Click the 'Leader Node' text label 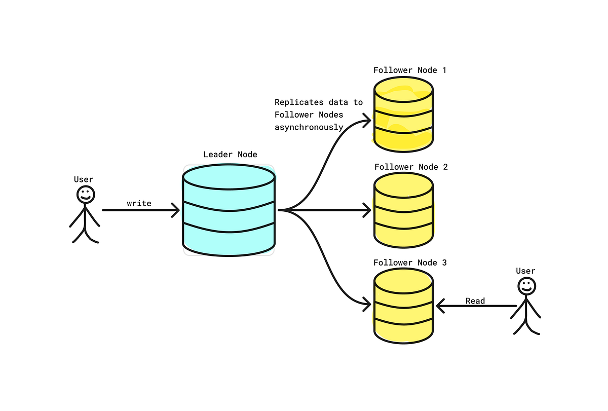click(230, 155)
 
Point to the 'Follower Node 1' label click(410, 70)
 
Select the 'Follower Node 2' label click(411, 167)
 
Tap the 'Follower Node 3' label click(410, 263)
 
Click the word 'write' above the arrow click(139, 203)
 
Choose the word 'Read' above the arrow click(475, 301)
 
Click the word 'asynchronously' click(309, 127)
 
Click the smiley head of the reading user click(526, 286)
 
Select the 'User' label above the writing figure click(84, 179)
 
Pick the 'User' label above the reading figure click(525, 271)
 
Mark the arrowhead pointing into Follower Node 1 click(367, 121)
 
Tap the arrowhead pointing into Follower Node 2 click(367, 210)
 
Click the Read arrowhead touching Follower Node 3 click(440, 306)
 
